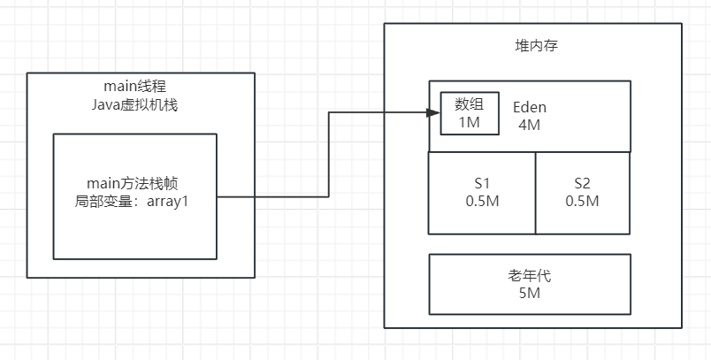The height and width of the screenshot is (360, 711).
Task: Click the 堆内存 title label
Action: point(533,47)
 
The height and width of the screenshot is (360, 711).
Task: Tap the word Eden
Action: point(530,107)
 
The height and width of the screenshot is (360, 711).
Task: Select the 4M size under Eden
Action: point(530,125)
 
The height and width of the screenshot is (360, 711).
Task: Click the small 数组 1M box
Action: point(470,114)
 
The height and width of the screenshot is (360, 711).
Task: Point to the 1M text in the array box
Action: point(469,122)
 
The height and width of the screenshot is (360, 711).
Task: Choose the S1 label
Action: point(483,183)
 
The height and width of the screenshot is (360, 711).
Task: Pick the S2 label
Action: point(582,183)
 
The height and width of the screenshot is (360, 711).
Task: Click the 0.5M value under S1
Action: point(483,201)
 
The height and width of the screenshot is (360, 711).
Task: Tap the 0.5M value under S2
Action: point(582,201)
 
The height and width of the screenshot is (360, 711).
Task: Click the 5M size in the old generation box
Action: point(530,293)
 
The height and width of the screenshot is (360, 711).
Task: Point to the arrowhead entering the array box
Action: point(435,113)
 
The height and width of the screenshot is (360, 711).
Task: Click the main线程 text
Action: point(134,86)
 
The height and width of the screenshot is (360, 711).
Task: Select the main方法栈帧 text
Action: point(134,183)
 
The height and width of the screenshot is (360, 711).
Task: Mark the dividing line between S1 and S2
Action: point(536,193)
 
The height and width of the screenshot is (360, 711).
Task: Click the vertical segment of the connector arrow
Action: point(329,155)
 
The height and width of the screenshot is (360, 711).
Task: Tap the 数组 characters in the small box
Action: point(470,104)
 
